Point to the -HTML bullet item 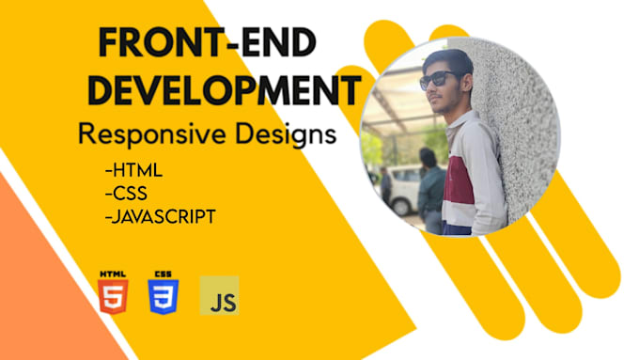[133, 172]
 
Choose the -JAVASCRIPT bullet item [162, 216]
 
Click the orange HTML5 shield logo [110, 296]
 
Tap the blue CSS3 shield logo [162, 296]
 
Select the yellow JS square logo [219, 295]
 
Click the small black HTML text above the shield [110, 272]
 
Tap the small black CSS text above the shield [162, 272]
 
